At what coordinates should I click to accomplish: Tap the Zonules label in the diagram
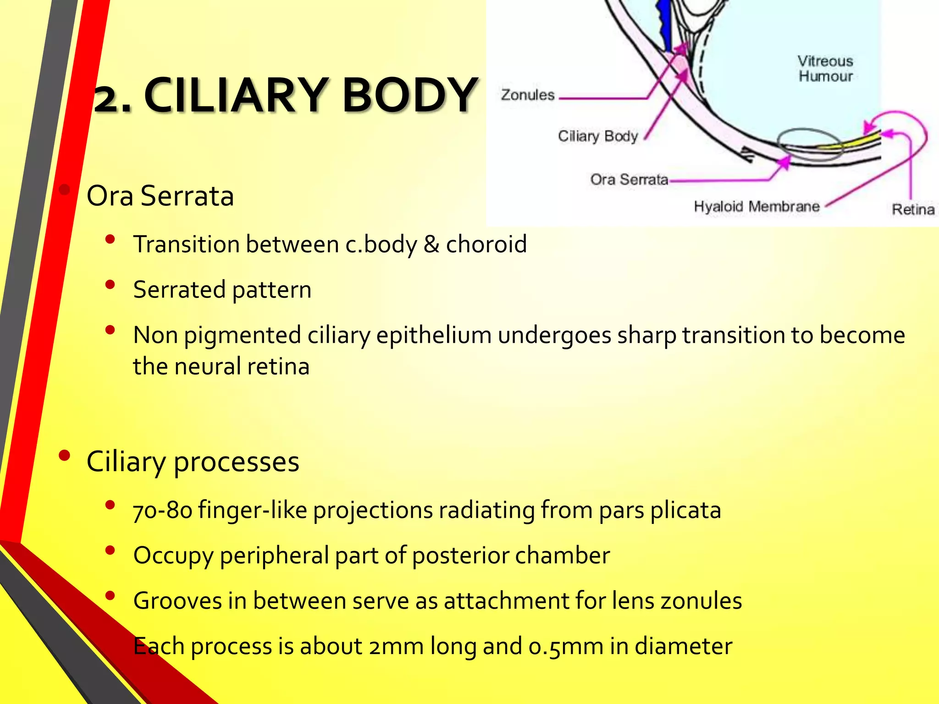click(x=528, y=95)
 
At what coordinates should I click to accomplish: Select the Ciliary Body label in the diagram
click(x=597, y=136)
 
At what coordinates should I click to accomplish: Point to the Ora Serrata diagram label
click(x=629, y=179)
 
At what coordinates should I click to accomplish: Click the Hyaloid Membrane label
click(x=757, y=206)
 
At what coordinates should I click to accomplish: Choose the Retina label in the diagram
click(x=913, y=209)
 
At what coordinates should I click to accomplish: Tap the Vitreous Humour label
click(x=825, y=69)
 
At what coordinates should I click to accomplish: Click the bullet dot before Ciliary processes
click(x=64, y=456)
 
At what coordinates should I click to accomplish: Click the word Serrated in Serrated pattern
click(x=179, y=290)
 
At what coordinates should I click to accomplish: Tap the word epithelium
click(x=434, y=335)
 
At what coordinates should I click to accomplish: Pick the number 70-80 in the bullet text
click(x=162, y=510)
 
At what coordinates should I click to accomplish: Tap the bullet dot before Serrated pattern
click(x=110, y=285)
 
